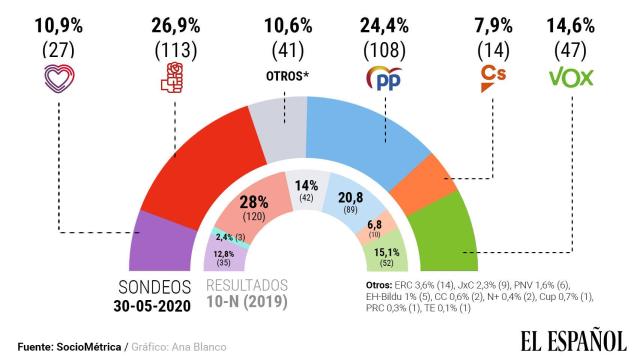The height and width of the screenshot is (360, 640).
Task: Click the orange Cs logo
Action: point(491,77)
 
